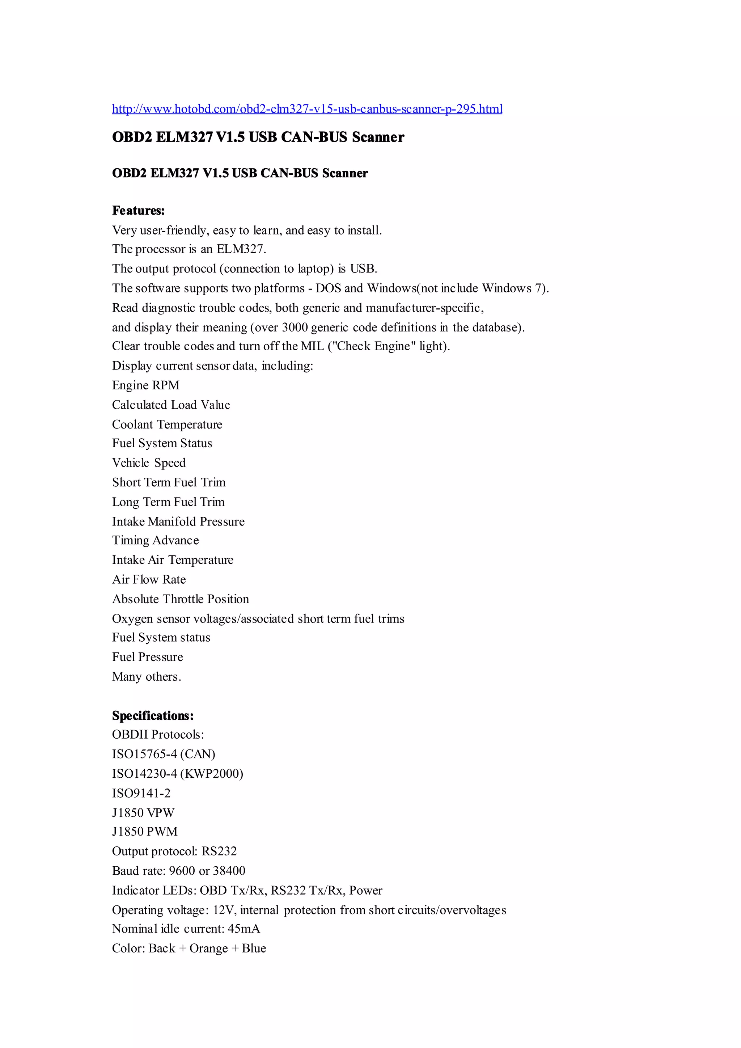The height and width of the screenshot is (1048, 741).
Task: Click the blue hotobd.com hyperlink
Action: point(307,109)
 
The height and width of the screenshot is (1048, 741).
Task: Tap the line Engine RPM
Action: point(145,385)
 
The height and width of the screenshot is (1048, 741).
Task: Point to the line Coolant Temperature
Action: point(167,424)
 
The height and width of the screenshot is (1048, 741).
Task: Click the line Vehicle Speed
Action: point(149,463)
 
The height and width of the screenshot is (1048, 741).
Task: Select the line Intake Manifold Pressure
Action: point(178,521)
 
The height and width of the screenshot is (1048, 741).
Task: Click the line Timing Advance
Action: point(155,540)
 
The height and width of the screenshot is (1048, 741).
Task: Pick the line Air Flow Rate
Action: point(149,580)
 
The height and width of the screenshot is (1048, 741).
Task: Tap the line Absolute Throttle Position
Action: point(180,599)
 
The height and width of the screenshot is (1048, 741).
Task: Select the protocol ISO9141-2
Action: point(141,793)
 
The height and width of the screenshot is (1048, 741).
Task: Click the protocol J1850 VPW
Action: point(143,812)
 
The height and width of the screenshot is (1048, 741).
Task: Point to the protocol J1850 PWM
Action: point(145,832)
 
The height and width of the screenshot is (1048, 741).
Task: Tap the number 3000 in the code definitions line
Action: point(295,327)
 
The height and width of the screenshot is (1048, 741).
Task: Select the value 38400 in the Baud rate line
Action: point(229,871)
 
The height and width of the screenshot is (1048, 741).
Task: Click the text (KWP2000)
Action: point(212,774)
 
